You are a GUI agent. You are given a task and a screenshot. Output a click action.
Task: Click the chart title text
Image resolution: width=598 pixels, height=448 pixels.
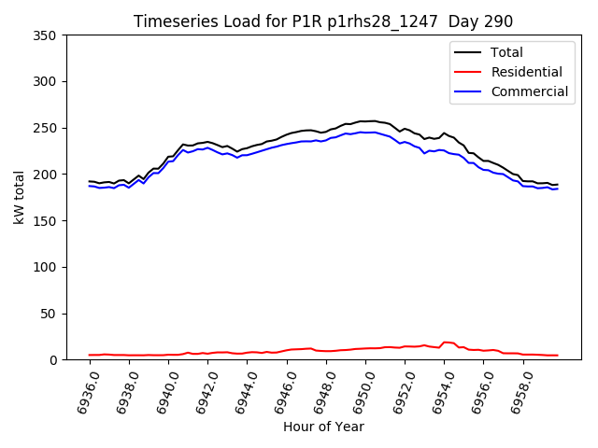pos(323,21)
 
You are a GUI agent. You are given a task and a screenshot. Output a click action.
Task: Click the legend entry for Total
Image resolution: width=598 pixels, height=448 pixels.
pos(507,52)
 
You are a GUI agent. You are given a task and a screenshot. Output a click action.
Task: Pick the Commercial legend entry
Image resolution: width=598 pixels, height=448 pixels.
pos(529,91)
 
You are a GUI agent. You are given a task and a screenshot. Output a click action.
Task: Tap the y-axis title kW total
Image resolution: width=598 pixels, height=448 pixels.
pos(19,197)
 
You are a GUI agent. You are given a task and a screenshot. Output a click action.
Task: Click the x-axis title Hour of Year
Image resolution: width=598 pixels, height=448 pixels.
pos(323,427)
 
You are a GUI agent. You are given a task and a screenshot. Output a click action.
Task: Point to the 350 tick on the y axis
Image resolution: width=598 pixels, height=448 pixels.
pos(47,35)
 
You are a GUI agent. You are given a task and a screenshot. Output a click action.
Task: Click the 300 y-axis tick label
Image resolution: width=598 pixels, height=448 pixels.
pos(47,81)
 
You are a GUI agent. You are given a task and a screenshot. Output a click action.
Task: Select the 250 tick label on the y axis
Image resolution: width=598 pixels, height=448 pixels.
pos(47,128)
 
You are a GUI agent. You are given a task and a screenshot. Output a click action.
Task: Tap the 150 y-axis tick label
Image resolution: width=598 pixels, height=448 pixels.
pos(47,220)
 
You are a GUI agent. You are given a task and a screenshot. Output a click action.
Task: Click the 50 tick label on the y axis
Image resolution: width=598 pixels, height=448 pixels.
pos(50,314)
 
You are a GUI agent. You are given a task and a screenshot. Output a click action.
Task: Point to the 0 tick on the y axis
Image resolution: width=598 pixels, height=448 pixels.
pos(54,359)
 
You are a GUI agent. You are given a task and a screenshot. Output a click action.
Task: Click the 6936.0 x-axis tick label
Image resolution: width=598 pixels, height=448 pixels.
pos(84,390)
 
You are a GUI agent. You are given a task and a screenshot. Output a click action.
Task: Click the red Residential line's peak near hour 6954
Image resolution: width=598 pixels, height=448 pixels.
pos(447,342)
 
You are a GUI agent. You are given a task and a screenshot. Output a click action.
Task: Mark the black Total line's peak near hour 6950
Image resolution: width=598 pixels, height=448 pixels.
pos(371,120)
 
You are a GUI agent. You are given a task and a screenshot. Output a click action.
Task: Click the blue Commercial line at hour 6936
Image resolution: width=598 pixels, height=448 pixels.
pos(90,186)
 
